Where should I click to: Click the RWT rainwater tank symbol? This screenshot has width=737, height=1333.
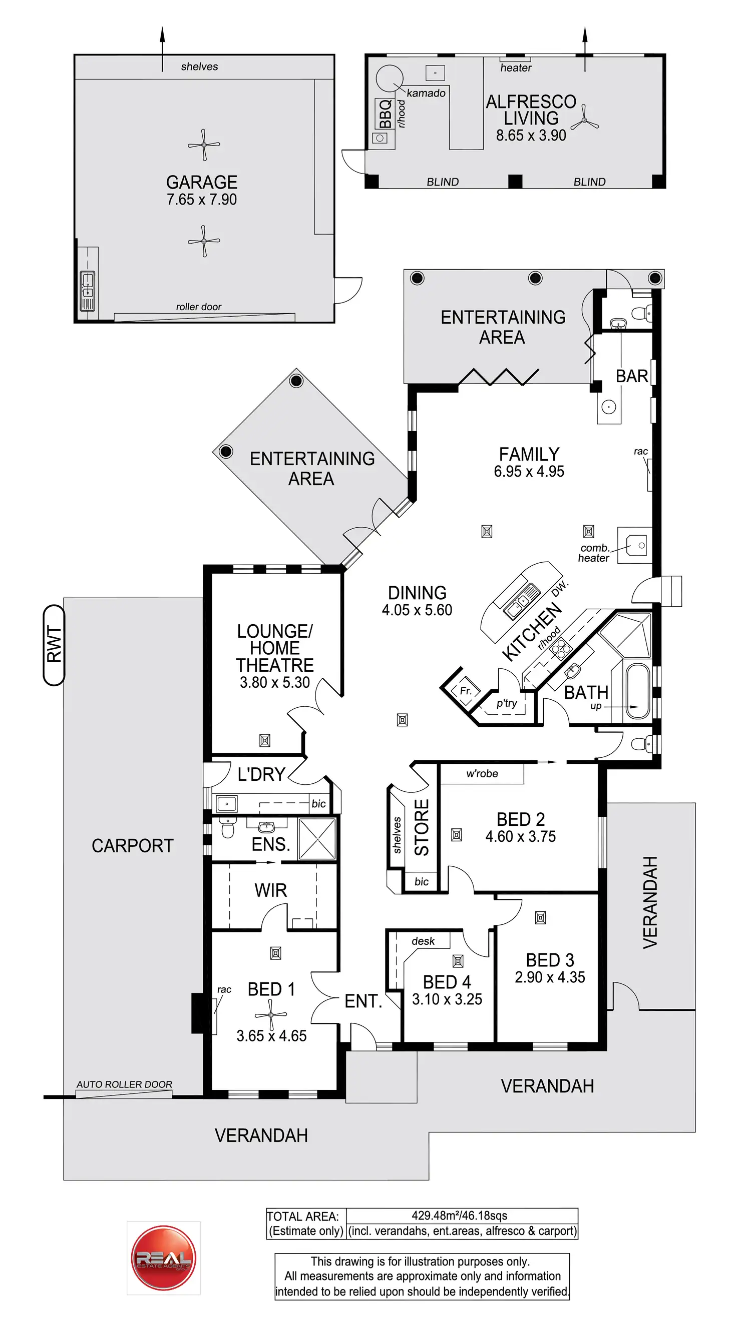tap(54, 645)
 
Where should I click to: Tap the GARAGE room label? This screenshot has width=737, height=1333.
tap(201, 182)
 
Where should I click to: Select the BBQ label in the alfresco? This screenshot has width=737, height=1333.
tap(385, 114)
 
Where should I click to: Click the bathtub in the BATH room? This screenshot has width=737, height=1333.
tap(637, 691)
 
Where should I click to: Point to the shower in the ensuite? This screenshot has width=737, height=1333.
tap(317, 839)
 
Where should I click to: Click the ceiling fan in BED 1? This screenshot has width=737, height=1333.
tap(270, 1014)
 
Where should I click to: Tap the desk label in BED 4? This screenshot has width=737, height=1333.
tap(423, 941)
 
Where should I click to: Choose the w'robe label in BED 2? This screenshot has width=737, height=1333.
tap(482, 774)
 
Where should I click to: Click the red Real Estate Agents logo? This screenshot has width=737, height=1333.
tap(164, 1258)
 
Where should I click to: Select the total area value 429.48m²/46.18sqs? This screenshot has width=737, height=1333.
tap(460, 1215)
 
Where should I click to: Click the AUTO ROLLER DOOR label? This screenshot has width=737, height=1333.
tap(124, 1084)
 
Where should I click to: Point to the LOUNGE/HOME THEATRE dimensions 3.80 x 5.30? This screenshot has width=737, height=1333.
tap(274, 683)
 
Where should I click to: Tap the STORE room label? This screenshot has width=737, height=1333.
tap(422, 827)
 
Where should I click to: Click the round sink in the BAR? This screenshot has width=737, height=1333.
tap(608, 407)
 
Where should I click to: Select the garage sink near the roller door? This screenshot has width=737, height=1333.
tap(87, 291)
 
